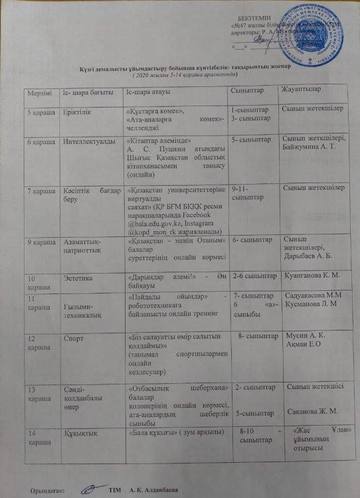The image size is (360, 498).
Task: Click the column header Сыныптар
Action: click(x=244, y=90)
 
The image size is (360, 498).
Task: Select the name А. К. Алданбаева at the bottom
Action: click(x=154, y=490)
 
